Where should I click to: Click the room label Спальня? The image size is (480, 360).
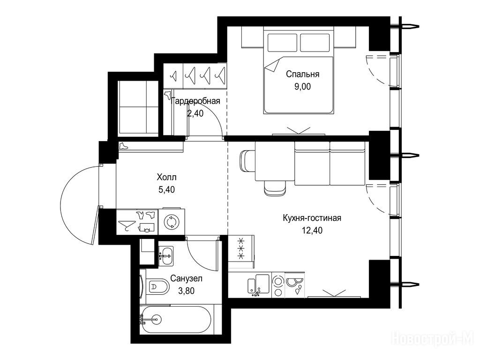(x=302, y=74)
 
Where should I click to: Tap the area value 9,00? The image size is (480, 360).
(x=302, y=87)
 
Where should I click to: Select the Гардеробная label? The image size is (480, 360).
(x=195, y=101)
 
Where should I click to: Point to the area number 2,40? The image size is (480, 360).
(x=195, y=113)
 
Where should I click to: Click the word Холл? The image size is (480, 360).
(x=166, y=177)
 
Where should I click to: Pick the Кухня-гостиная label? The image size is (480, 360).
(x=312, y=218)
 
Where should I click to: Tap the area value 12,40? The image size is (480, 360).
(x=312, y=230)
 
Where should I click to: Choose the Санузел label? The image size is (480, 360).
(x=186, y=278)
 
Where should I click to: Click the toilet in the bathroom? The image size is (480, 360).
(x=158, y=287)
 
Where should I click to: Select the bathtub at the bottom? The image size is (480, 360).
(x=176, y=320)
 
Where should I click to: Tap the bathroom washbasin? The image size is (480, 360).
(x=166, y=255)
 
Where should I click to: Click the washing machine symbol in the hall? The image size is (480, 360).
(x=172, y=222)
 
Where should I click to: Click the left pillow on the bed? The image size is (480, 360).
(x=282, y=43)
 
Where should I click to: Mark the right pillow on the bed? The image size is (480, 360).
(x=315, y=43)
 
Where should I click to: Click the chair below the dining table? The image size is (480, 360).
(x=276, y=188)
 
